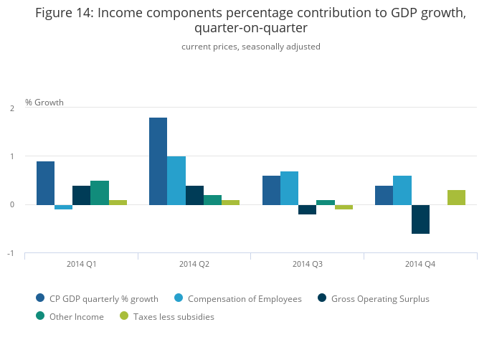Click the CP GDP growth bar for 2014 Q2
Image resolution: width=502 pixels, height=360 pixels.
(158, 161)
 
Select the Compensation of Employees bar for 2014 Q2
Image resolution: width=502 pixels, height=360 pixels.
(176, 181)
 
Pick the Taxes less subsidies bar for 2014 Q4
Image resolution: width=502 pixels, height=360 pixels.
(456, 197)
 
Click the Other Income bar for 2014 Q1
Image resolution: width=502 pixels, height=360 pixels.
(100, 193)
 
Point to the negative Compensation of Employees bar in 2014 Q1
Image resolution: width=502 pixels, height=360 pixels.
(64, 207)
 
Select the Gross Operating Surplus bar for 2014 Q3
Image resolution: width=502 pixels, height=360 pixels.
(307, 209)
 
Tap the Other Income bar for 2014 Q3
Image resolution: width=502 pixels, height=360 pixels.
(326, 202)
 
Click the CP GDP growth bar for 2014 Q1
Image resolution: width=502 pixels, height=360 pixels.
(45, 183)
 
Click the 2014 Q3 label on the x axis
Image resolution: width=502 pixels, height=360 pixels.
(308, 265)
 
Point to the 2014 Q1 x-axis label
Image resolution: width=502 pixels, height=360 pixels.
(82, 265)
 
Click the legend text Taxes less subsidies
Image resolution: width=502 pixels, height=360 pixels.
(173, 316)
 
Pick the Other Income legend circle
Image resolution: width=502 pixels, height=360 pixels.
(40, 316)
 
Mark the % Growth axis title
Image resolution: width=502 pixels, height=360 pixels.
(44, 103)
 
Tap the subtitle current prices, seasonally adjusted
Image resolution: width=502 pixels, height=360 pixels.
(251, 47)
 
